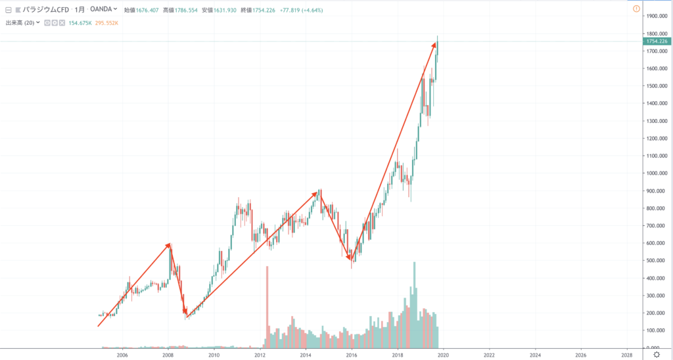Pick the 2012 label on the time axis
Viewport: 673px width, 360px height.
(x=260, y=355)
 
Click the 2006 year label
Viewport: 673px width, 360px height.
(x=122, y=355)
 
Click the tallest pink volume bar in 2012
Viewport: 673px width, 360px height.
(x=267, y=305)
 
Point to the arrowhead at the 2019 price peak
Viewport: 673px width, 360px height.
(x=434, y=44)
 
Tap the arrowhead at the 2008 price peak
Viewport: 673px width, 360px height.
(x=169, y=245)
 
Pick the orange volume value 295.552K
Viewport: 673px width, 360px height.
(x=106, y=23)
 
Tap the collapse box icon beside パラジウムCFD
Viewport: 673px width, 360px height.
(x=9, y=10)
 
